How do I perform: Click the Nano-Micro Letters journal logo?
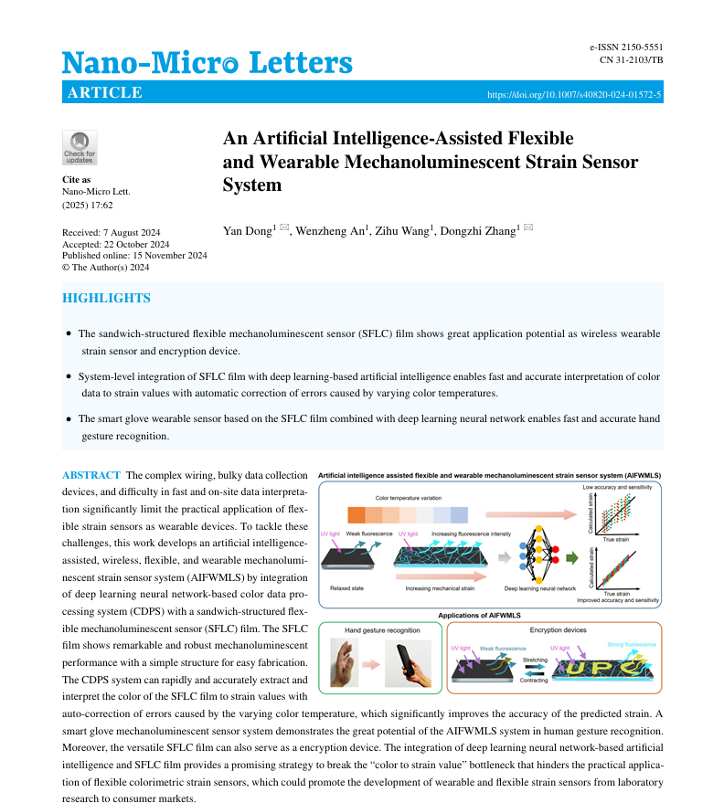coord(207,62)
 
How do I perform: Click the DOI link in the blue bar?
coord(574,94)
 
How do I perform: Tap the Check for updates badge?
coord(80,148)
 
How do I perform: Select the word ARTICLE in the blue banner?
coord(105,93)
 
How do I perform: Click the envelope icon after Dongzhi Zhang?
coord(527,227)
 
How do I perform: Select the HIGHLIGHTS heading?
coord(106,299)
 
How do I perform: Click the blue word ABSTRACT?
coord(90,475)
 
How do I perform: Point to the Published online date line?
coord(134,256)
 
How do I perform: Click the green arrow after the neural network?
coord(572,555)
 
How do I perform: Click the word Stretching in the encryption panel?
coord(535,658)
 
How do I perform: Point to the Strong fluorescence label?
coord(632,644)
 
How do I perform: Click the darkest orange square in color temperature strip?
coord(357,514)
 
